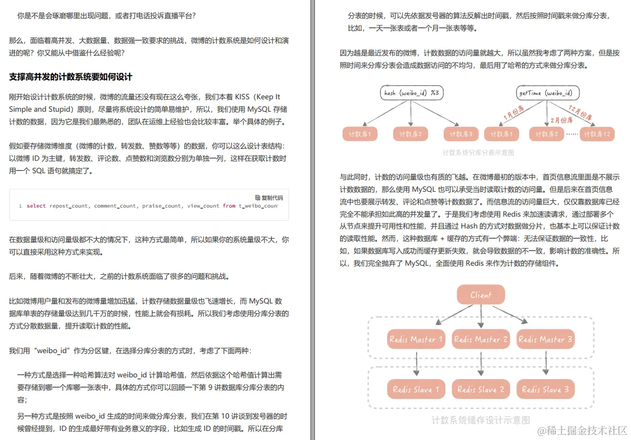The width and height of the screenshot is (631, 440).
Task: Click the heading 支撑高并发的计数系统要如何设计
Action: click(71, 77)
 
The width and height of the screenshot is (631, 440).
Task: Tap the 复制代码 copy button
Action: click(269, 197)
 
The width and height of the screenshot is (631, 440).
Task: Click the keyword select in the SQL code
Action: click(36, 206)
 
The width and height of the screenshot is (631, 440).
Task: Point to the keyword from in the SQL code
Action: click(229, 206)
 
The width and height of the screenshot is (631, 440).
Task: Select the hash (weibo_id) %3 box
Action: click(411, 93)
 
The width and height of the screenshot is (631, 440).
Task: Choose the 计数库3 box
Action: click(462, 134)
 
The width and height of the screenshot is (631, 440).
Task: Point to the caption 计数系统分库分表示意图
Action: click(478, 152)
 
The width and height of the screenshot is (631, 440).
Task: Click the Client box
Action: click(480, 294)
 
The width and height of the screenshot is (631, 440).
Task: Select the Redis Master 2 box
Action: click(481, 339)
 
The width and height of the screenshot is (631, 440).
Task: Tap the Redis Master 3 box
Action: click(545, 339)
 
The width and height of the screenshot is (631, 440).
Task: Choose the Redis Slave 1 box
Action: click(417, 389)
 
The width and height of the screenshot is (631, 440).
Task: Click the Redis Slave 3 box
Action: click(545, 389)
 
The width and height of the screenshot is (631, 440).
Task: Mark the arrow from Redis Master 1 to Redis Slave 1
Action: click(417, 364)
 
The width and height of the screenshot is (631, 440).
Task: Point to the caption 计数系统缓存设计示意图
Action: click(480, 420)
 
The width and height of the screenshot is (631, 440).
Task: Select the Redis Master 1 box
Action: click(417, 339)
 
